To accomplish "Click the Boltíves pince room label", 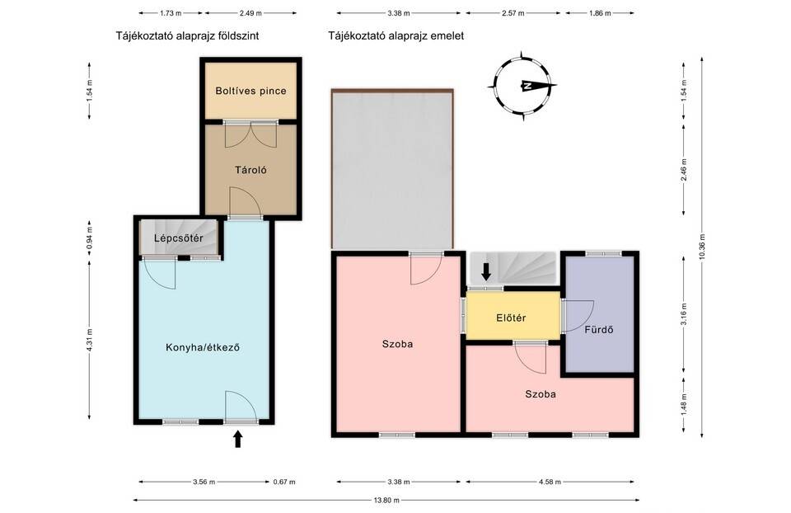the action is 250,91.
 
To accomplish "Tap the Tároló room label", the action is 250,170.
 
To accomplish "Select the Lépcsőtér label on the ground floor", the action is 179,238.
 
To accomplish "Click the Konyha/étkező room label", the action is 203,347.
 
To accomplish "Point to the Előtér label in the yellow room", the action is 511,318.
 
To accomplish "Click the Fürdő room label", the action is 599,330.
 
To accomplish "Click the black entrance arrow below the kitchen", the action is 238,439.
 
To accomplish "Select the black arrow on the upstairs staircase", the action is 486,271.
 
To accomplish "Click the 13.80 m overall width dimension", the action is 386,501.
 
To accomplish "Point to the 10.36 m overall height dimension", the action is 702,247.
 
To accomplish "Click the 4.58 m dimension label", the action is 550,482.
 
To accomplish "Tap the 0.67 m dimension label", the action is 284,482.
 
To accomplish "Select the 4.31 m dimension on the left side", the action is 89,340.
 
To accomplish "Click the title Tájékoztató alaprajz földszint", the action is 187,35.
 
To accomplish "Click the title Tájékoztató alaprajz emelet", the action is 396,35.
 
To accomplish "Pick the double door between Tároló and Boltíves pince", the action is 250,134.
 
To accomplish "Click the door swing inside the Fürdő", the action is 578,316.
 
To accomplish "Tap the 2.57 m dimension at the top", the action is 513,13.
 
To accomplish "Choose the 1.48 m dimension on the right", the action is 684,404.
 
